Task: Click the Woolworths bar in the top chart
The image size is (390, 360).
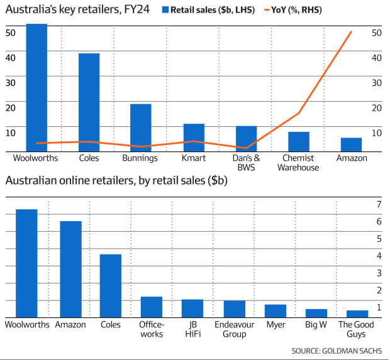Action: (36, 88)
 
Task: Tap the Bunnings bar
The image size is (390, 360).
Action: (140, 128)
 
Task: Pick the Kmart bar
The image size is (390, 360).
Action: (194, 138)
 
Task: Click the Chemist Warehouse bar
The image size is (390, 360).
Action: (299, 141)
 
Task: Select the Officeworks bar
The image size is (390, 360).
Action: (151, 307)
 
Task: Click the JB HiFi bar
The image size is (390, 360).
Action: (192, 308)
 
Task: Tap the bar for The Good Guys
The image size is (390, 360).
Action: (357, 314)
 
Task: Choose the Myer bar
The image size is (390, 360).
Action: (275, 310)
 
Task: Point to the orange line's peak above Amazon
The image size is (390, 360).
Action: (351, 31)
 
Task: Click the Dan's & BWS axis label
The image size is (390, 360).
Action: (247, 163)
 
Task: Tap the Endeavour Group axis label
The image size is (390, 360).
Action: (233, 329)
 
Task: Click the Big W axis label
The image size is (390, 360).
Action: (316, 325)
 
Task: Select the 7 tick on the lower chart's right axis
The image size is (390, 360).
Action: (379, 204)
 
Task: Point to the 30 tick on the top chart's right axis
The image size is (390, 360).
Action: (377, 82)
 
